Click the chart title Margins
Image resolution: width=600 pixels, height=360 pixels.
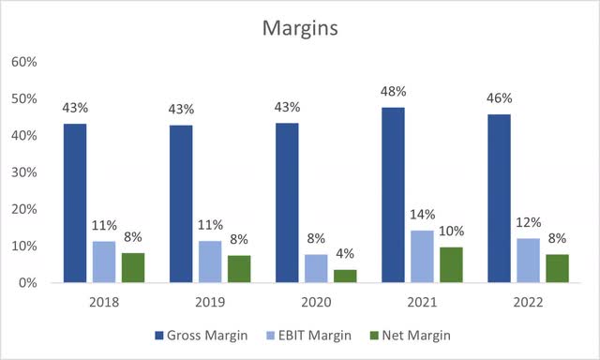[300, 29]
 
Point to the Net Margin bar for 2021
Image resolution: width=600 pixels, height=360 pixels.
[478, 264]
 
